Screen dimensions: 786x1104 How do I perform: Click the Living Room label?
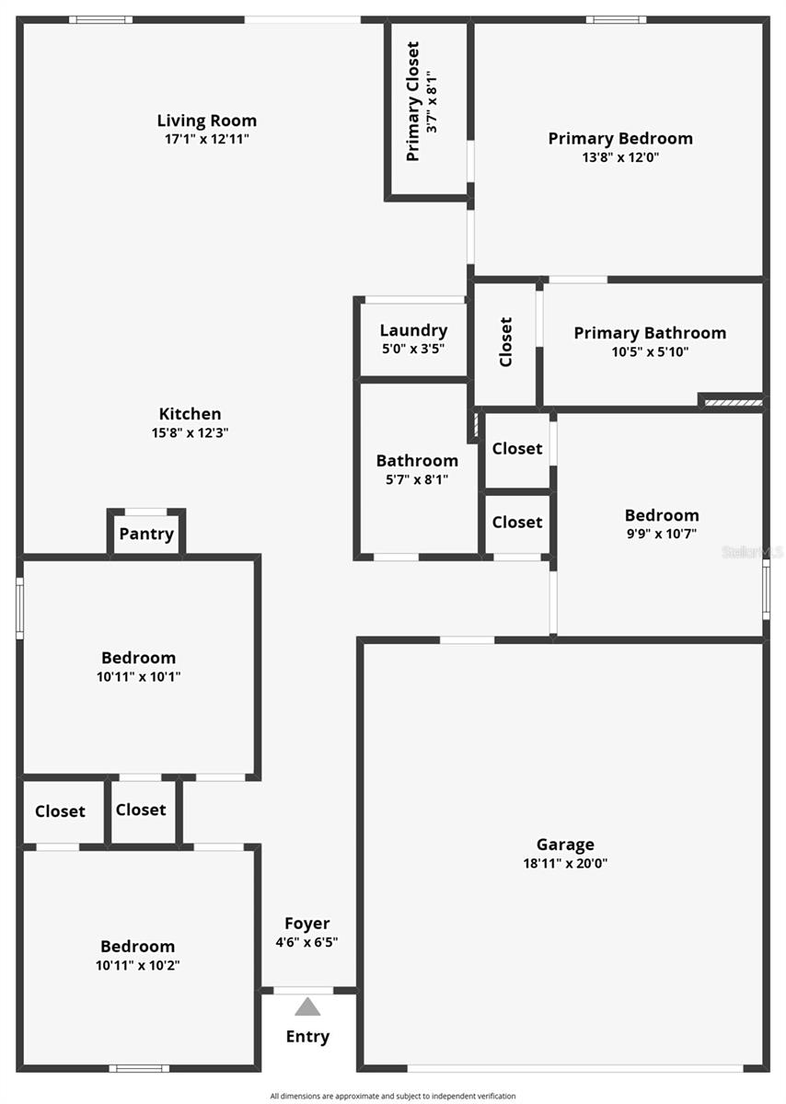click(206, 121)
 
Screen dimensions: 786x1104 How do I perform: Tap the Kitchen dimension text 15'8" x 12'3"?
click(190, 432)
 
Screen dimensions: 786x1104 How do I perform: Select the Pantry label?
click(146, 534)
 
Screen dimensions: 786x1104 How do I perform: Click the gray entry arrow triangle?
click(307, 1006)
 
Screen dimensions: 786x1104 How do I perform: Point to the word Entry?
click(307, 1037)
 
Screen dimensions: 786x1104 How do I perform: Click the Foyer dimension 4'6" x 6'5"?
click(306, 942)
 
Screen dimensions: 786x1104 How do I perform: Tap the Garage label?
click(565, 845)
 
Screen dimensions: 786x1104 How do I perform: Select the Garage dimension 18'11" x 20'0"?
click(565, 863)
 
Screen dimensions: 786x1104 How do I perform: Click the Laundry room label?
click(414, 330)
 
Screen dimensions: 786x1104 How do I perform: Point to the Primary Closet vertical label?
click(412, 101)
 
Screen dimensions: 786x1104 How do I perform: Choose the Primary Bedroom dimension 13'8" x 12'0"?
click(620, 157)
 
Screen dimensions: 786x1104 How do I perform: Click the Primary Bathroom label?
click(650, 333)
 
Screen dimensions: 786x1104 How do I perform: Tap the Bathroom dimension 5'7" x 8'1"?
click(417, 479)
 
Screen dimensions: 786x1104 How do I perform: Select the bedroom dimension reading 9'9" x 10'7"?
click(661, 534)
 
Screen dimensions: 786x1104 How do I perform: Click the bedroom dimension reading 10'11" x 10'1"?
click(139, 676)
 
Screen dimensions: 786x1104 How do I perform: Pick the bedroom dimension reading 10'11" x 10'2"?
click(137, 965)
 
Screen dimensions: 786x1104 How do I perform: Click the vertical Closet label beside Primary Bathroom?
click(506, 341)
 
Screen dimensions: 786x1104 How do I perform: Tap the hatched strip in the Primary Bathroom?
click(734, 403)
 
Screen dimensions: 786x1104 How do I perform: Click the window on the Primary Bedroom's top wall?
click(616, 19)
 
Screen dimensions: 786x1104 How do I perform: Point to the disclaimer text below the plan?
click(393, 1096)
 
